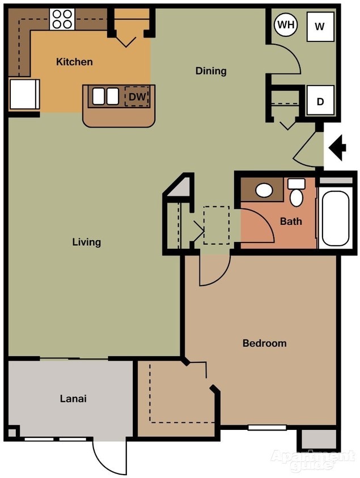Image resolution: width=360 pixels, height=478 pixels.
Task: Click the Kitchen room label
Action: tap(74, 62)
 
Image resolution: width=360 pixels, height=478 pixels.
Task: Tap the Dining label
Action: tap(211, 71)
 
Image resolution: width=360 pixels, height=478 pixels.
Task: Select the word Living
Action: tap(86, 242)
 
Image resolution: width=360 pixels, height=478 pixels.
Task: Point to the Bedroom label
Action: tap(264, 343)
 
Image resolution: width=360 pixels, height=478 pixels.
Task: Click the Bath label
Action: tap(291, 221)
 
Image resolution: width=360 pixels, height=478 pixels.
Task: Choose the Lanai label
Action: tap(73, 398)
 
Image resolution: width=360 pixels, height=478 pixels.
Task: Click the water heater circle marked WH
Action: tap(286, 25)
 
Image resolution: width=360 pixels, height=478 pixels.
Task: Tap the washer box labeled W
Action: tap(320, 27)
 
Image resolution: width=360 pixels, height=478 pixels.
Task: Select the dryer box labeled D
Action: tap(320, 101)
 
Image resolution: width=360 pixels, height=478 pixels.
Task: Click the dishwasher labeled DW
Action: tap(137, 97)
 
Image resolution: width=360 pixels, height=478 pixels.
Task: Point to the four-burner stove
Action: tap(62, 19)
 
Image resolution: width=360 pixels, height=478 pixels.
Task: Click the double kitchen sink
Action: tap(105, 97)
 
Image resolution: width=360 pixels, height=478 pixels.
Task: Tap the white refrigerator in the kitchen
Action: tap(24, 94)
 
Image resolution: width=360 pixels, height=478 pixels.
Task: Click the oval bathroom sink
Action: tap(264, 190)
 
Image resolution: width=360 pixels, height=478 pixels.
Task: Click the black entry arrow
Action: tap(338, 149)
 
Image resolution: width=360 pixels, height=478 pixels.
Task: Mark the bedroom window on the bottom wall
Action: tap(267, 428)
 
